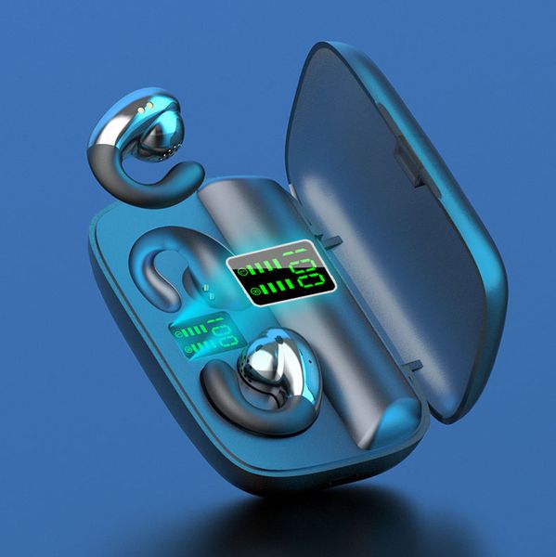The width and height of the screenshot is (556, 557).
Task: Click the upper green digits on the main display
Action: (x=302, y=257)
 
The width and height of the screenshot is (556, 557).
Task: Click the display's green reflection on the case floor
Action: (x=200, y=336)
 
